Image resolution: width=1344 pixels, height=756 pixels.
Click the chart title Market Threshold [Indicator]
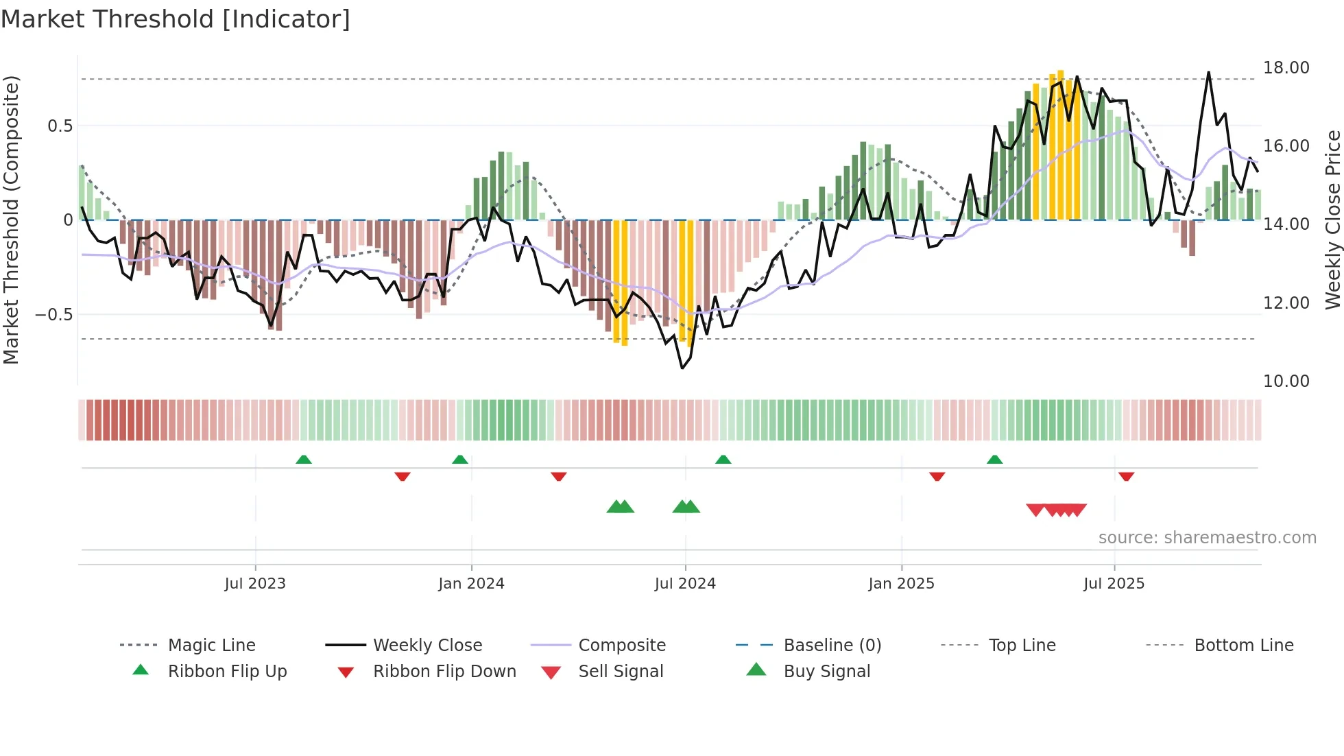pyautogui.click(x=176, y=19)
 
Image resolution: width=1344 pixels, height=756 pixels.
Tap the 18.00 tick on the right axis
pyautogui.click(x=1286, y=68)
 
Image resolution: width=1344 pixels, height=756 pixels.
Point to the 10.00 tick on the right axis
pyautogui.click(x=1286, y=381)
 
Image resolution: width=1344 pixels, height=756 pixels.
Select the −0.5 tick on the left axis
pyautogui.click(x=53, y=315)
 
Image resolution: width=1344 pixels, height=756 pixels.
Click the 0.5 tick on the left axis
pyautogui.click(x=60, y=126)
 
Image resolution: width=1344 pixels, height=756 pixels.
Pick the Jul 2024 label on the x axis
pyautogui.click(x=685, y=584)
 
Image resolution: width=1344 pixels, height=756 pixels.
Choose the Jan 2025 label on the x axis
pyautogui.click(x=901, y=584)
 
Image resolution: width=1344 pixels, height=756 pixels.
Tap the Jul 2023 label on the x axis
pyautogui.click(x=255, y=584)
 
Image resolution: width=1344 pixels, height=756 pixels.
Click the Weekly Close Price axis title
pyautogui.click(x=1332, y=220)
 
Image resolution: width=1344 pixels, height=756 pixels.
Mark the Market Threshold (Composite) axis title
pyautogui.click(x=11, y=220)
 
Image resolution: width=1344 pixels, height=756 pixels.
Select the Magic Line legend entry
pyautogui.click(x=211, y=646)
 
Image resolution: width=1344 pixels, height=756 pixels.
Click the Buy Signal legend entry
pyautogui.click(x=826, y=672)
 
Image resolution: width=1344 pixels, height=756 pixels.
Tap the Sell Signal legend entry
pyautogui.click(x=621, y=672)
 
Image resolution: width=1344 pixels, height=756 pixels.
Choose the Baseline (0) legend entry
pyautogui.click(x=832, y=646)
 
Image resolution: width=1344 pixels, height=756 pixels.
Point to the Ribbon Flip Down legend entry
pyautogui.click(x=444, y=672)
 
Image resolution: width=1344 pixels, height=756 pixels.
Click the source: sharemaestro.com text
pyautogui.click(x=1207, y=538)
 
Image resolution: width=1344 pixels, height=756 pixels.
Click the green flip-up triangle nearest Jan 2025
pyautogui.click(x=995, y=460)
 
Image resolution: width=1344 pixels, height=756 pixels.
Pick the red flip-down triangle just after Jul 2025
pyautogui.click(x=1126, y=476)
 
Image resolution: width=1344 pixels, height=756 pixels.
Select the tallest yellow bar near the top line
pyautogui.click(x=1060, y=144)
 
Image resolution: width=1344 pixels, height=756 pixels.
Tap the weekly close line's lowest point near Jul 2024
pyautogui.click(x=682, y=368)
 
